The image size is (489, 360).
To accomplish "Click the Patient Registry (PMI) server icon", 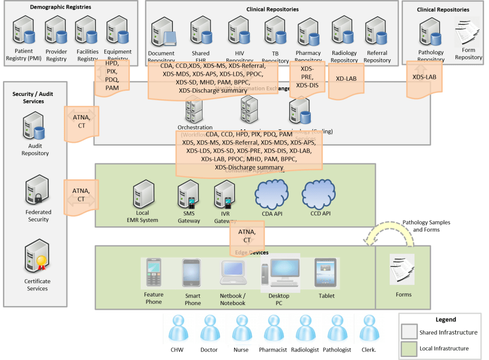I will point(23,30).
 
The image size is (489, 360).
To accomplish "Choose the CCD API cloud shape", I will point(320,194).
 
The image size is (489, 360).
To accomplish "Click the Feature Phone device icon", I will point(153,273).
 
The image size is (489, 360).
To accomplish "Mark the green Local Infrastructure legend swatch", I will point(409,348).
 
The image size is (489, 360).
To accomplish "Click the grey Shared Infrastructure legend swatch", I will point(409,332).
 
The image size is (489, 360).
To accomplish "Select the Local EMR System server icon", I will point(142,195).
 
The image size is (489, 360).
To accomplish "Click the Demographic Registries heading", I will point(60,7).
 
